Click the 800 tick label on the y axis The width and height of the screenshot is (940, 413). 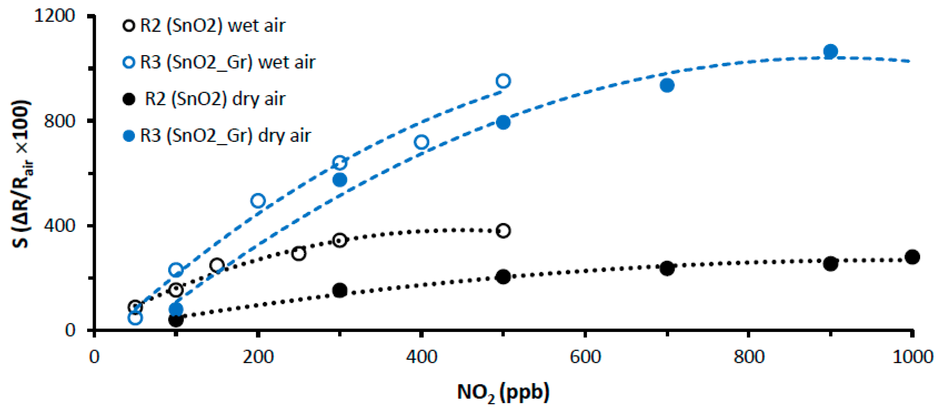click(59, 121)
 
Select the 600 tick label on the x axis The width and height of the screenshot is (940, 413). click(585, 357)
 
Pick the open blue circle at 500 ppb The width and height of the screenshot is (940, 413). click(503, 81)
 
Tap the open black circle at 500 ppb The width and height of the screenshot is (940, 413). click(503, 231)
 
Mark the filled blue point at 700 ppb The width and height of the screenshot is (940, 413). click(667, 86)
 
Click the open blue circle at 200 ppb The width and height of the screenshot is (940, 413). click(258, 201)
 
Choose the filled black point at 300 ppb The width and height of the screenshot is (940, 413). click(340, 290)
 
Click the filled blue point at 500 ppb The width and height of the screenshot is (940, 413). click(503, 122)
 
